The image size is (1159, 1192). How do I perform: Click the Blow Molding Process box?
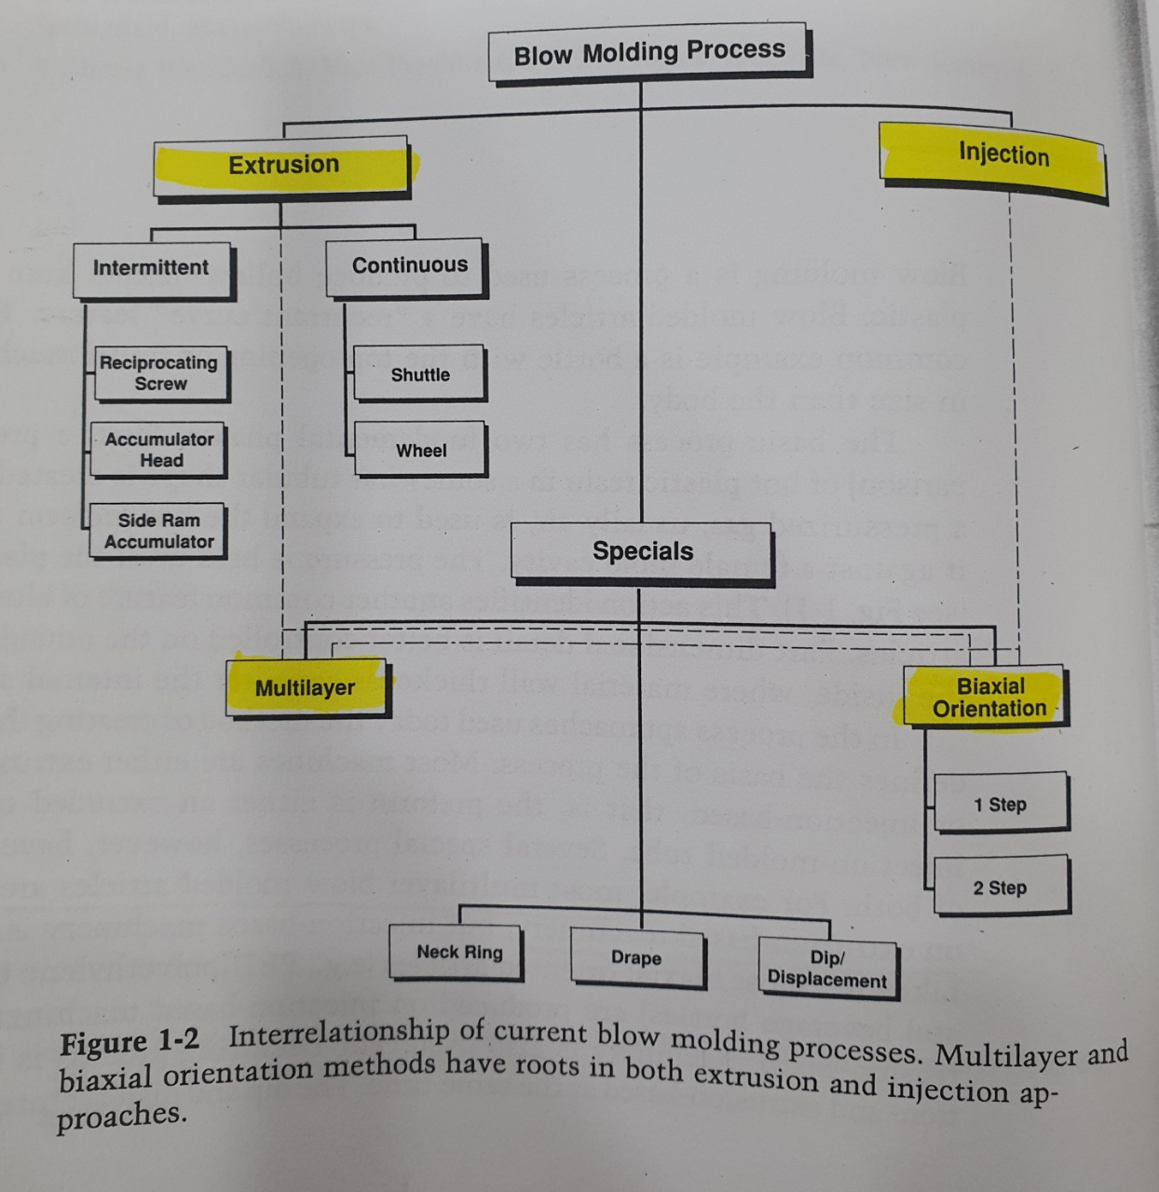click(x=649, y=52)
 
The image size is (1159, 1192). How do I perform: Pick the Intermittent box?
click(x=152, y=268)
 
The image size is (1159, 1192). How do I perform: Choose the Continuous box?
click(x=407, y=266)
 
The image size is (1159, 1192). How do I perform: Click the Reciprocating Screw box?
click(x=160, y=372)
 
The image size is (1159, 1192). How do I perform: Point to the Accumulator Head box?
click(x=159, y=450)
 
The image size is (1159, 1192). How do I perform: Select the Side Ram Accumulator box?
click(x=158, y=531)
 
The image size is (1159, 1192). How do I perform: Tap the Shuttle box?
click(x=419, y=374)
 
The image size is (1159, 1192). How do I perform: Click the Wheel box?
click(x=420, y=451)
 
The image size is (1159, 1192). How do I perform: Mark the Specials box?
click(x=642, y=552)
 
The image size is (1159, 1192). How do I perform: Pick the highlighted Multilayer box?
click(x=306, y=688)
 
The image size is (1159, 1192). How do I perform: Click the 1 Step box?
click(x=1001, y=804)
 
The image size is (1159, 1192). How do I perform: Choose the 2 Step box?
click(x=1001, y=887)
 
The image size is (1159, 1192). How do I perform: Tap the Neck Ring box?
click(x=457, y=953)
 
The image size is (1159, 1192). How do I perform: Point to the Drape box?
click(x=637, y=957)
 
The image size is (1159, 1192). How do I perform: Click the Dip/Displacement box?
click(x=827, y=969)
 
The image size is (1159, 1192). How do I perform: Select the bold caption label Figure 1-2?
click(x=130, y=1043)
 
